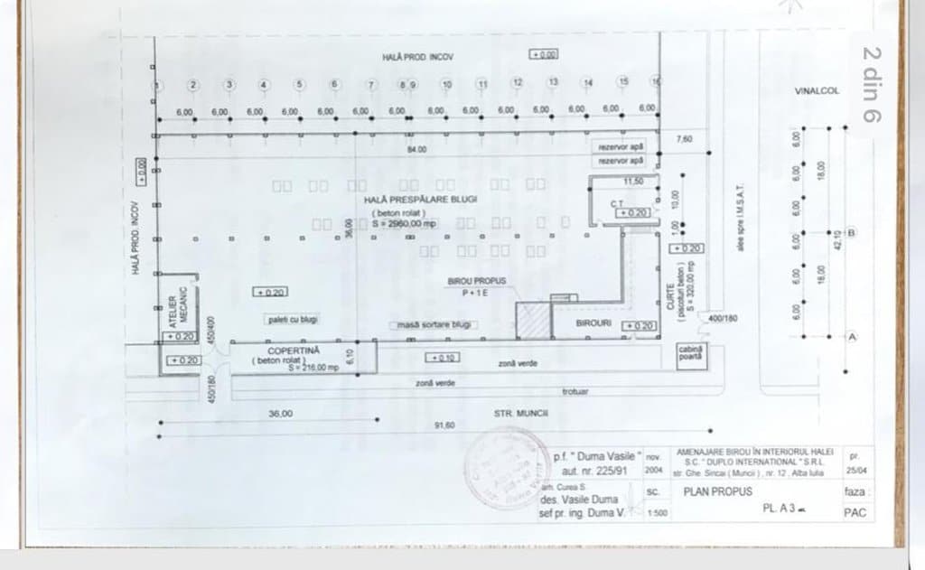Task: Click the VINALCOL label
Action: (x=817, y=91)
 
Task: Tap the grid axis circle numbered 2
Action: (x=192, y=84)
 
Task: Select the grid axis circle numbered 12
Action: (x=517, y=82)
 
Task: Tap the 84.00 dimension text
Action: (x=416, y=149)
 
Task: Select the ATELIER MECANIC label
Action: (x=178, y=308)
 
